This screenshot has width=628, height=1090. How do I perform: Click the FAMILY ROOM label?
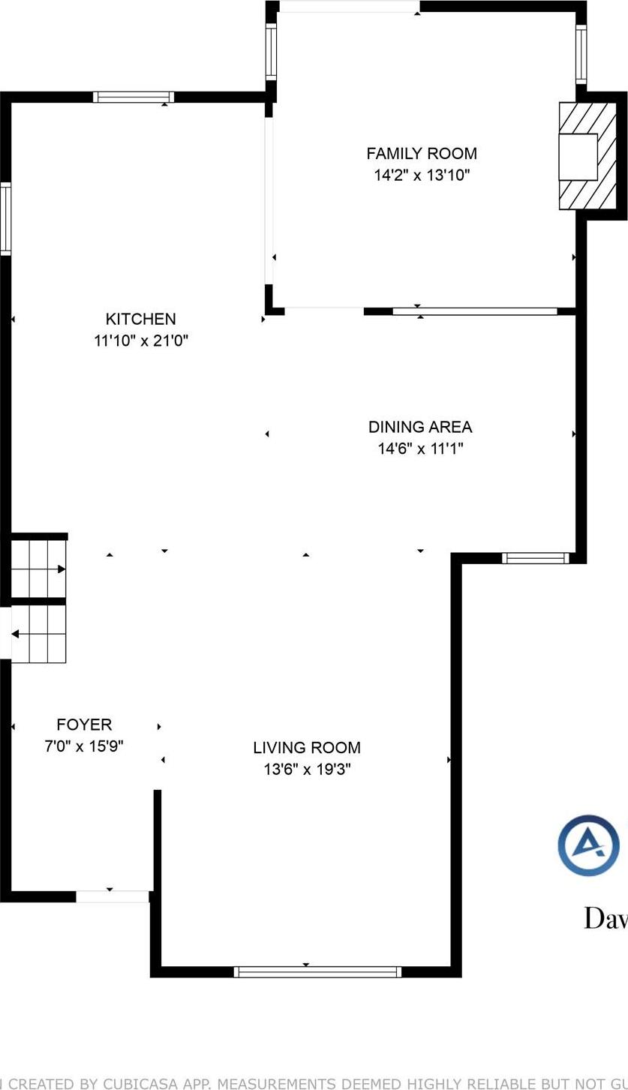pyautogui.click(x=421, y=154)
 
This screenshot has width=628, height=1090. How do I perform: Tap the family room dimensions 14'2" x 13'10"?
pyautogui.click(x=421, y=176)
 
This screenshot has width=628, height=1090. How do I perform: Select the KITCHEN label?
pyautogui.click(x=140, y=319)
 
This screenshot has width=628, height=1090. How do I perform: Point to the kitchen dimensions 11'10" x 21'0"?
pyautogui.click(x=140, y=341)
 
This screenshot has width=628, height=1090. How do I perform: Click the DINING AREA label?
pyautogui.click(x=420, y=427)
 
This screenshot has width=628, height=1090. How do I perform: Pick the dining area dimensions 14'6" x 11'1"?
pyautogui.click(x=420, y=449)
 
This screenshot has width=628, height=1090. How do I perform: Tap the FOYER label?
pyautogui.click(x=84, y=724)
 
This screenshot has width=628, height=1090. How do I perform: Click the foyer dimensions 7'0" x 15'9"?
pyautogui.click(x=84, y=746)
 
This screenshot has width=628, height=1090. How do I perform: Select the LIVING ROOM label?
pyautogui.click(x=306, y=747)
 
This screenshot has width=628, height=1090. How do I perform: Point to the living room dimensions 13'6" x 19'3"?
pyautogui.click(x=306, y=769)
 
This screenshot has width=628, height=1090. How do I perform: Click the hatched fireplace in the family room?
pyautogui.click(x=587, y=156)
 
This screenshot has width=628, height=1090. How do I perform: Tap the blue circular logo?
pyautogui.click(x=589, y=845)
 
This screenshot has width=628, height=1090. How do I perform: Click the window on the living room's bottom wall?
pyautogui.click(x=317, y=971)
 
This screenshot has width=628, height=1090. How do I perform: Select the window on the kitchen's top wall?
pyautogui.click(x=134, y=97)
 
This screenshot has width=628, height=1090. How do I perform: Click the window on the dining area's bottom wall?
pyautogui.click(x=535, y=557)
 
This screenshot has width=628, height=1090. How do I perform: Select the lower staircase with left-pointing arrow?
pyautogui.click(x=39, y=635)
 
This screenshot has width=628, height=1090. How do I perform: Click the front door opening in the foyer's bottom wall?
pyautogui.click(x=113, y=896)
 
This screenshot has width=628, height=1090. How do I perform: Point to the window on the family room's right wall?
pyautogui.click(x=580, y=54)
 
